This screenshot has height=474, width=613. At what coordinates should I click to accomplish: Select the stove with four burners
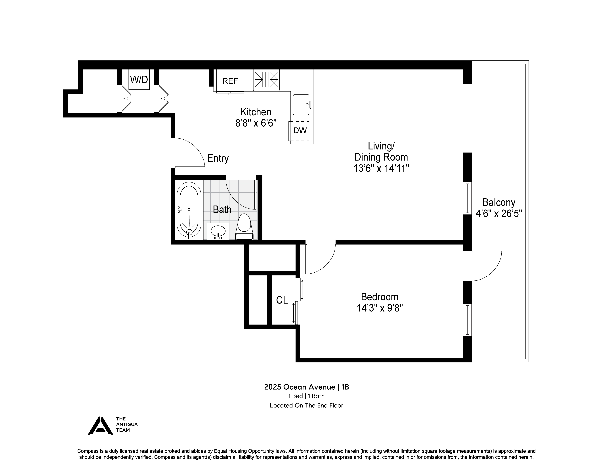[x=266, y=80]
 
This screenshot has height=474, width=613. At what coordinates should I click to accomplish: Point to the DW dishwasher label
[x=300, y=130]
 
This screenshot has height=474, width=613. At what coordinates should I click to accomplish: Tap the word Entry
[x=218, y=158]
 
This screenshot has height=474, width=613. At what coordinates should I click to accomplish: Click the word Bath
[x=222, y=210]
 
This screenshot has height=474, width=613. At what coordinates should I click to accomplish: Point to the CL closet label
[x=282, y=300]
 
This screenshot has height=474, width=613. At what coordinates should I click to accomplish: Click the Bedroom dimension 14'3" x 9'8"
[x=380, y=308]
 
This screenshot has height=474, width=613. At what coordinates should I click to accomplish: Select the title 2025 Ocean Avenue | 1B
[x=306, y=387]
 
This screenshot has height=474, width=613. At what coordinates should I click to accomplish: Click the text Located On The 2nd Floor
[x=306, y=405]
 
